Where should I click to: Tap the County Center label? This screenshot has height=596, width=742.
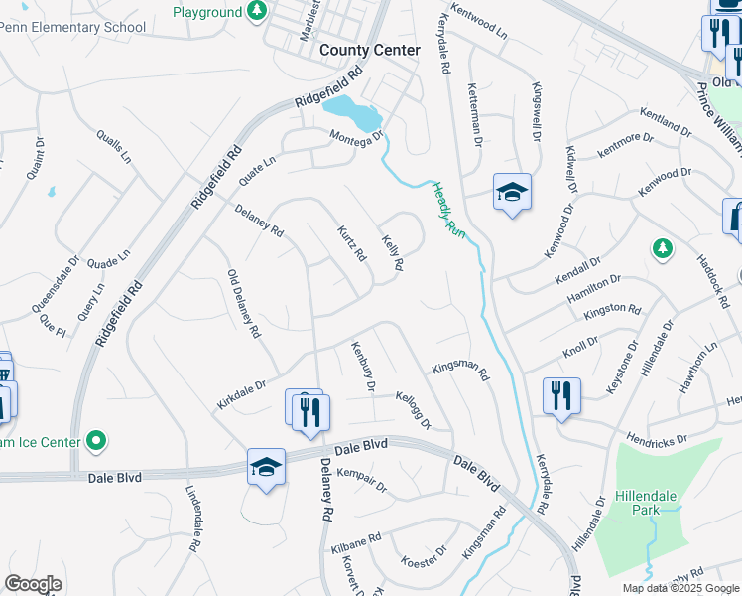point(370,49)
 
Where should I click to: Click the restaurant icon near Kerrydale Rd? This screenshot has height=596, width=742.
point(561,396)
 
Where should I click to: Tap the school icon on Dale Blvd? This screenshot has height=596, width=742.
point(266,467)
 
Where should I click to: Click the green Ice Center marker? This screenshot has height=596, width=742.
point(96,438)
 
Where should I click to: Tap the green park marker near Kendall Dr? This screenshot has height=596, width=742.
point(662,248)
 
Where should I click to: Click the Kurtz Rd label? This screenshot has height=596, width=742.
point(351,242)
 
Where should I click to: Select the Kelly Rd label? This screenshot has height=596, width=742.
point(393,252)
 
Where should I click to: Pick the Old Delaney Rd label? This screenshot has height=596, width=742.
point(243,302)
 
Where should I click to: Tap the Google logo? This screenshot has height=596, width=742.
point(33,584)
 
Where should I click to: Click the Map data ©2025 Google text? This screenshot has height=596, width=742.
point(680,588)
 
